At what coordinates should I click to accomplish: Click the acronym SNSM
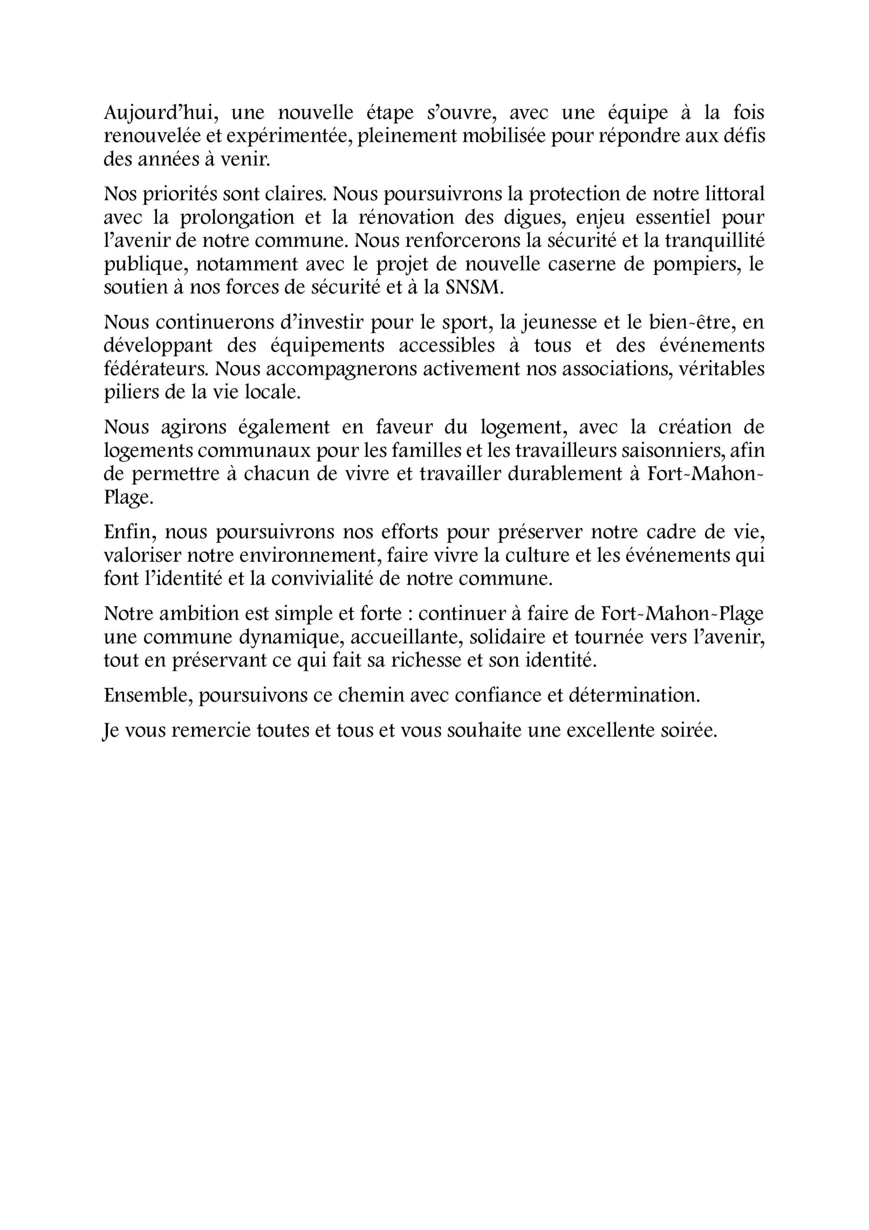pyautogui.click(x=474, y=288)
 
